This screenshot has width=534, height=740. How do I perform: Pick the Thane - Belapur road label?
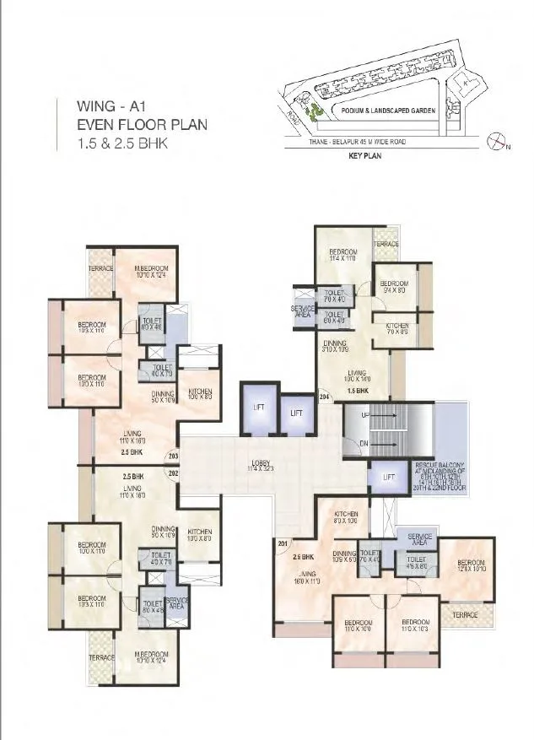coord(357,142)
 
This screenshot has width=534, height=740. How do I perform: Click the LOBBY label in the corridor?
coord(260,463)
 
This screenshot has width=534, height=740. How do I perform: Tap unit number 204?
coord(323,396)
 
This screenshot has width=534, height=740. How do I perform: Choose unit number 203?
coord(173,456)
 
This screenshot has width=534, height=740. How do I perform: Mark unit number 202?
coord(173,473)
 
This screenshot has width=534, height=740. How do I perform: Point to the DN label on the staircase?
coord(364,442)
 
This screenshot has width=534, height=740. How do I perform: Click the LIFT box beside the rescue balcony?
coord(388,478)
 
